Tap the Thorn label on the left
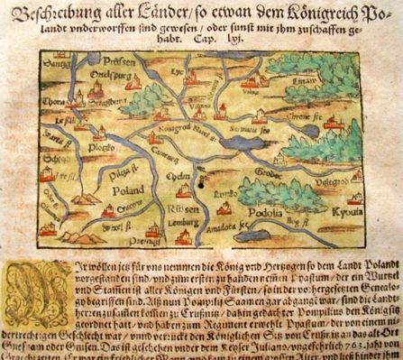coord(54,102)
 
